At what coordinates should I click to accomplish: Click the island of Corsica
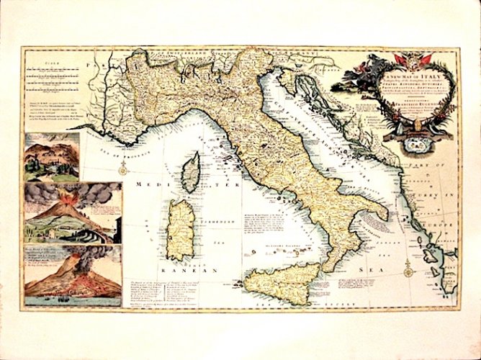pos(190,172)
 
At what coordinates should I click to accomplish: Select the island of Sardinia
pos(182,228)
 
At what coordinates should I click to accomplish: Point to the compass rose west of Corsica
pos(123,168)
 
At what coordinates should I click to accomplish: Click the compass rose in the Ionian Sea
pos(409,271)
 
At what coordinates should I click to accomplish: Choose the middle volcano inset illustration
pos(72,212)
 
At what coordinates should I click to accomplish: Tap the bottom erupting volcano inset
pos(72,271)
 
